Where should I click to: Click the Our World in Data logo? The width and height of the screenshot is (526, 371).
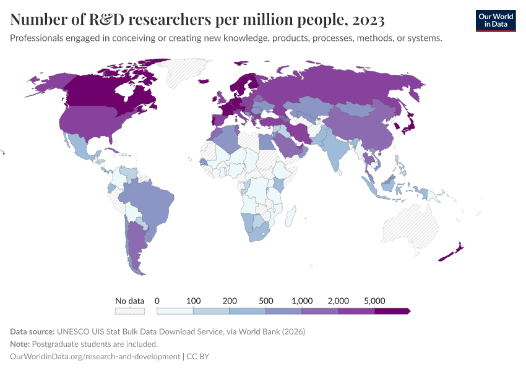[x=495, y=20]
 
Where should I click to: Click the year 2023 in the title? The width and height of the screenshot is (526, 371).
[x=368, y=20]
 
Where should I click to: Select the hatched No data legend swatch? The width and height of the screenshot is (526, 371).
[x=130, y=311]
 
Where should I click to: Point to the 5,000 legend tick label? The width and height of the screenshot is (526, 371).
[x=374, y=301]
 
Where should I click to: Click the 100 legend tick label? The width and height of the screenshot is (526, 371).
[x=193, y=301]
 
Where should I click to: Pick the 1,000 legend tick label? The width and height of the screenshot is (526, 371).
[x=302, y=301]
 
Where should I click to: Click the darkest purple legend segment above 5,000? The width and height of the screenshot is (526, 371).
[x=392, y=311]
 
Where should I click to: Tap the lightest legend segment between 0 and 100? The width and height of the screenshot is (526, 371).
[x=175, y=311]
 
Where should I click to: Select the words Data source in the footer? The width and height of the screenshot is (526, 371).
[x=34, y=331]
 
